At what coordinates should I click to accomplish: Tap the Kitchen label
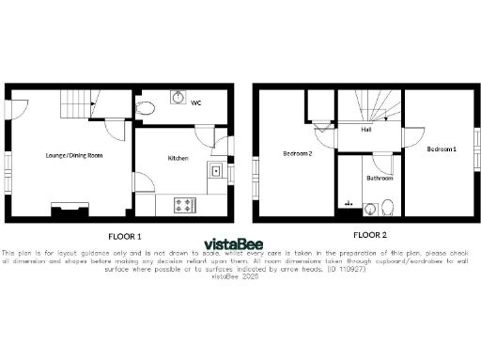tap(178, 158)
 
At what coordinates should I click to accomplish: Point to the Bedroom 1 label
tap(441, 149)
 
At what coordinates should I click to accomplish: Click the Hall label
tap(366, 130)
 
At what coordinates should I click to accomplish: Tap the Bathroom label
tap(380, 177)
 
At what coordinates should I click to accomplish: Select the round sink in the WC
tap(177, 96)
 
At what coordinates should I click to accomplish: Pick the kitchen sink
tap(216, 171)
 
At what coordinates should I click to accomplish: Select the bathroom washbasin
tap(370, 208)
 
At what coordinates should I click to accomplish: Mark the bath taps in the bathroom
tap(349, 202)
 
